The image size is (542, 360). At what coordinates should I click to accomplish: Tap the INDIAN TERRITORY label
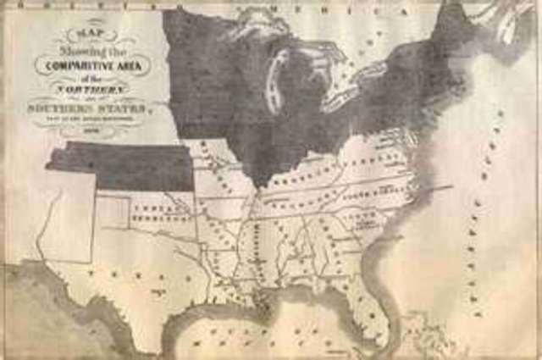pos(154,213)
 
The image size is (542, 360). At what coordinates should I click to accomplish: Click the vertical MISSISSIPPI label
pos(255,241)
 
